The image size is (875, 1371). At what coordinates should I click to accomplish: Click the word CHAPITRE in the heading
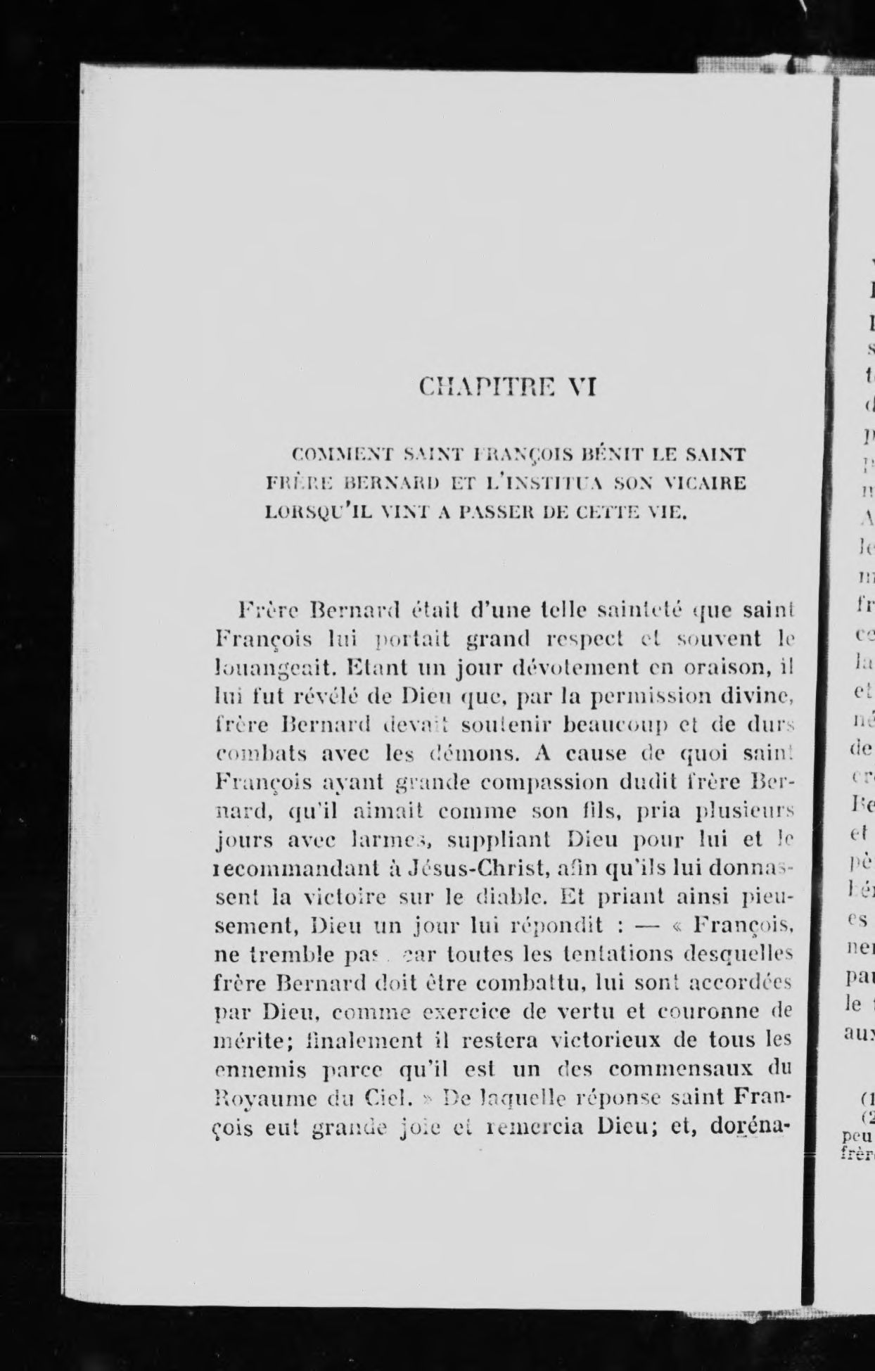pyautogui.click(x=485, y=386)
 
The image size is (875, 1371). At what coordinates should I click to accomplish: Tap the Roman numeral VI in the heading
pyautogui.click(x=582, y=386)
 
